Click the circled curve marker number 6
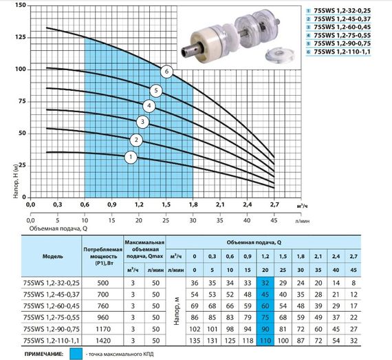tap(166, 72)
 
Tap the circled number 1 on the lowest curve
tap(131, 157)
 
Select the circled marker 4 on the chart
tap(149, 106)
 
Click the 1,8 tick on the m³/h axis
tap(193, 204)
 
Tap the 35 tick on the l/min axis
tap(220, 220)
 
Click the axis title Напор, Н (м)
tap(16, 181)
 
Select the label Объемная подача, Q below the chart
tap(58, 229)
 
